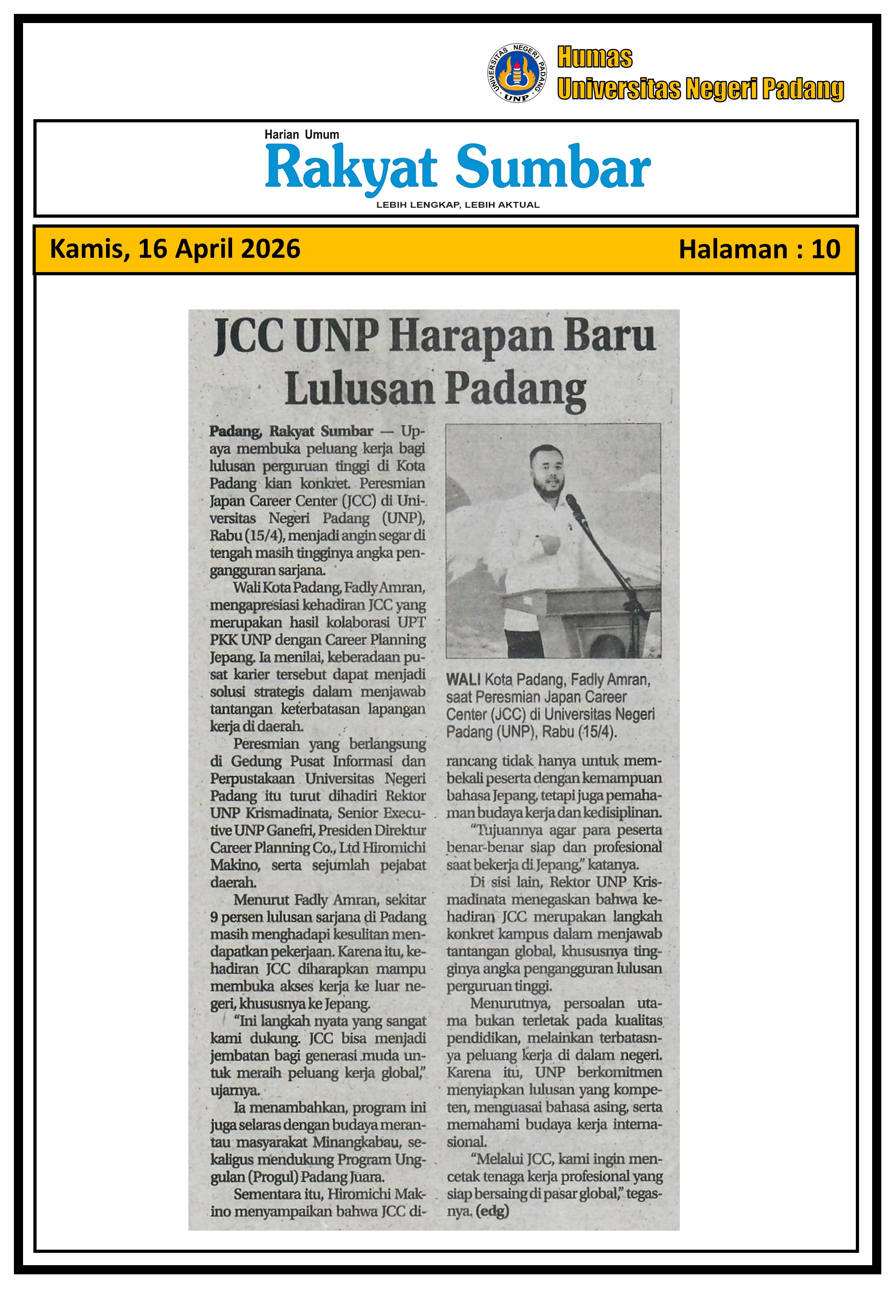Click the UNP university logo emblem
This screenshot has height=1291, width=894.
pyautogui.click(x=517, y=73)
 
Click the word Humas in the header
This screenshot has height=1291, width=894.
pyautogui.click(x=594, y=58)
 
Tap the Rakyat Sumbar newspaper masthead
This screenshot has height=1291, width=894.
pyautogui.click(x=457, y=167)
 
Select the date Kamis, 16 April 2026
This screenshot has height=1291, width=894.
pyautogui.click(x=175, y=249)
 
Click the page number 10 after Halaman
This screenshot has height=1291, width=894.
pyautogui.click(x=825, y=249)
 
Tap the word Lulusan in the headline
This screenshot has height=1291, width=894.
pyautogui.click(x=360, y=389)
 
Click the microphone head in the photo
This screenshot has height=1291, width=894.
pyautogui.click(x=573, y=502)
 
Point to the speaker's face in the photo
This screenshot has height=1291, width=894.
pyautogui.click(x=546, y=469)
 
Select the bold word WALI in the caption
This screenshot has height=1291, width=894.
pyautogui.click(x=463, y=680)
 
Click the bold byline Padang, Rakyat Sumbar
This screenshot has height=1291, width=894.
pyautogui.click(x=291, y=431)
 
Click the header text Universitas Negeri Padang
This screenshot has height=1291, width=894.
pyautogui.click(x=700, y=89)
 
